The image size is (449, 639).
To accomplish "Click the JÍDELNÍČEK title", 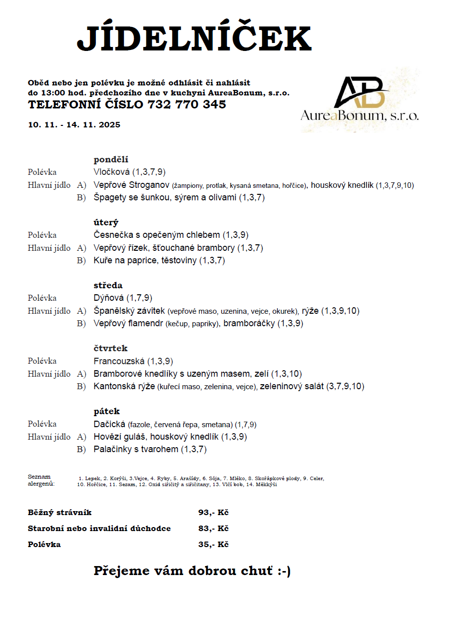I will tap(194, 38).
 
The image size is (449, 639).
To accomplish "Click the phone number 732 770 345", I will tap(187, 105).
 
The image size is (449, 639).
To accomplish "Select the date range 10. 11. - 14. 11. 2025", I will tap(74, 125).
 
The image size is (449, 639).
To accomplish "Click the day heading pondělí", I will tap(111, 160).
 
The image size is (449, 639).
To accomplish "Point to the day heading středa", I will tap(108, 286).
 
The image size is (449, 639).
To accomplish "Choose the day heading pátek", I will tap(106, 412).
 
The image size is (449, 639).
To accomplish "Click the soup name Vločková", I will tap(111, 172).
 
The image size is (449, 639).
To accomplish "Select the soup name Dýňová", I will tap(108, 298).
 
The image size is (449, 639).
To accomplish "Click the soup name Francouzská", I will tap(119, 361).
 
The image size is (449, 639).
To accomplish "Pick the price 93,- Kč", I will tap(213, 513).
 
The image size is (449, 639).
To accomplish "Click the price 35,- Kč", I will tap(213, 545).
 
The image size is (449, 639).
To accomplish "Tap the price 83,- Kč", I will tap(213, 529).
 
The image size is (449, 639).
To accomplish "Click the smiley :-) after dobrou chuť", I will tap(284, 572).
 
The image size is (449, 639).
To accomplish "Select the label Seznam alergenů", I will tap(40, 481).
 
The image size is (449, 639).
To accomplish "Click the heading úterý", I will tap(106, 223).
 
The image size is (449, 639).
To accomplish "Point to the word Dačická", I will tap(109, 424).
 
